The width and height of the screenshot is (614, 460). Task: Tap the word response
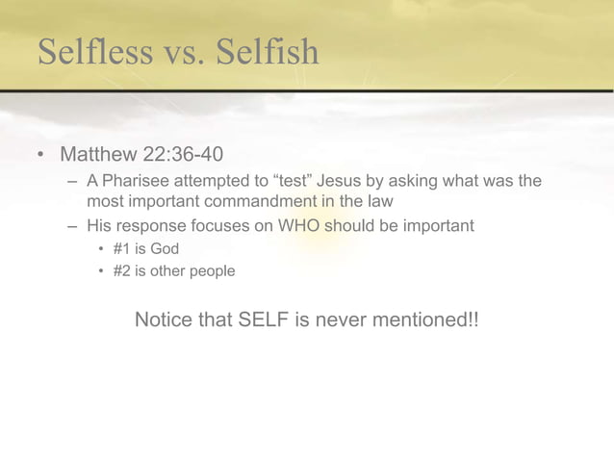(152, 226)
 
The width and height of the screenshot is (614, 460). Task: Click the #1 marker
(122, 249)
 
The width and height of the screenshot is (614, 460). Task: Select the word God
(164, 249)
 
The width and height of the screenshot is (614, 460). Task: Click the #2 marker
(122, 271)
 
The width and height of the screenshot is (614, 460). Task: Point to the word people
(211, 271)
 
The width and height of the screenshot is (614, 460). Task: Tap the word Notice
(166, 319)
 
